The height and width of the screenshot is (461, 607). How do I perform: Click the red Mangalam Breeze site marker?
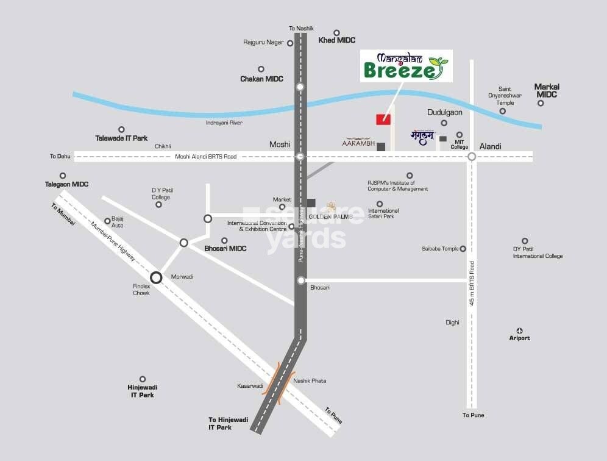pyautogui.click(x=383, y=119)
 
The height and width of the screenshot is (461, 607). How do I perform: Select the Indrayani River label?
pyautogui.click(x=224, y=123)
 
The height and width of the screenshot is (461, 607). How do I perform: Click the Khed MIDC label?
pyautogui.click(x=336, y=41)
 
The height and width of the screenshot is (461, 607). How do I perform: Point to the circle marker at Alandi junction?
pyautogui.click(x=472, y=157)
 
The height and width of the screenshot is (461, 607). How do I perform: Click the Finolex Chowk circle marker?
pyautogui.click(x=156, y=277)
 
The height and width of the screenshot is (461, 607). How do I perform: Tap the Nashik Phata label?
pyautogui.click(x=310, y=381)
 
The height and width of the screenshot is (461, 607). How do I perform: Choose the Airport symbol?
pyautogui.click(x=520, y=330)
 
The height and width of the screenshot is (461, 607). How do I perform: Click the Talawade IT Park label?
pyautogui.click(x=121, y=138)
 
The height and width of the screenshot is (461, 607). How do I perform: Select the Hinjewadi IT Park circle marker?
pyautogui.click(x=143, y=379)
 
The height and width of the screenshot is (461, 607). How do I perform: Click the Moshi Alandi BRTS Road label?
pyautogui.click(x=205, y=157)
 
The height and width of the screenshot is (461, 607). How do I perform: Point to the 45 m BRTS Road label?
pyautogui.click(x=472, y=284)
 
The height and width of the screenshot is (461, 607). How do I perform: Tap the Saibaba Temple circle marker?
pyautogui.click(x=463, y=249)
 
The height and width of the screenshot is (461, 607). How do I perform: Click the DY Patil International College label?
pyautogui.click(x=538, y=252)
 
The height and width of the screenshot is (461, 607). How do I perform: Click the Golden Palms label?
pyautogui.click(x=331, y=216)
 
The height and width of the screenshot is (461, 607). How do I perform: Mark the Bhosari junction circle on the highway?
pyautogui.click(x=300, y=281)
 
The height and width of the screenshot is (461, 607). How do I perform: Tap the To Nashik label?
pyautogui.click(x=300, y=28)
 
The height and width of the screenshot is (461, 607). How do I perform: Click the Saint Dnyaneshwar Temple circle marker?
pyautogui.click(x=503, y=111)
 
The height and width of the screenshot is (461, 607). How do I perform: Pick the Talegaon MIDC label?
pyautogui.click(x=67, y=184)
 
